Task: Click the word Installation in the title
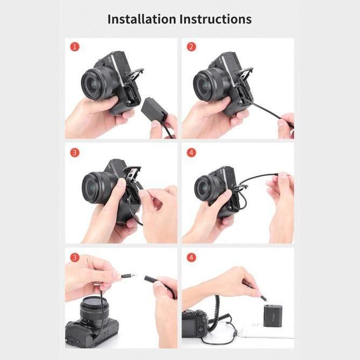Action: pos(141,19)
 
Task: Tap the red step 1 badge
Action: pos(75,47)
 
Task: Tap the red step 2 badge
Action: pos(191,47)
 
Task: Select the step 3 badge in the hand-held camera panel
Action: pos(75,152)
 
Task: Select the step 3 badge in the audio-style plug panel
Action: pos(75,257)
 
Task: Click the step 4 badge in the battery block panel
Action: pos(191,257)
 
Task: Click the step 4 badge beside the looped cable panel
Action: pos(191,152)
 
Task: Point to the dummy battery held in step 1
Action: pos(156,111)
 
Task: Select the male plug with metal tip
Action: pos(127,276)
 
